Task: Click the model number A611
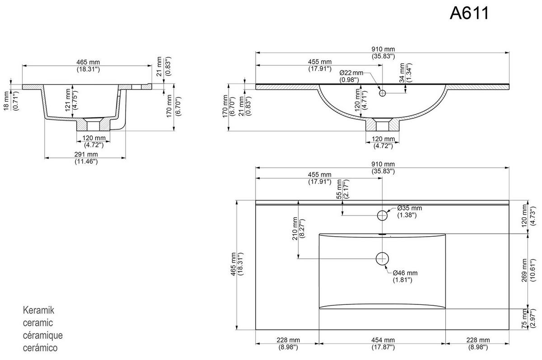pos(469,13)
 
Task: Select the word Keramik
pos(38,311)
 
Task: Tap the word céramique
pos(42,336)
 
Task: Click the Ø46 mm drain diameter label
pos(405,273)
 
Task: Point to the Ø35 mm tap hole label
pos(409,208)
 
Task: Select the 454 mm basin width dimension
pos(383,340)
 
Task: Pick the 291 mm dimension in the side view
pos(86,154)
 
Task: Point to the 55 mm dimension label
pos(340,188)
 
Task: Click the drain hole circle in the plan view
pos(383,258)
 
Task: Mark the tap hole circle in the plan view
pos(383,215)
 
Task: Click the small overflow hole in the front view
pos(383,94)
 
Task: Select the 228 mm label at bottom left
pos(288,340)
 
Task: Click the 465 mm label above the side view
pos(88,62)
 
